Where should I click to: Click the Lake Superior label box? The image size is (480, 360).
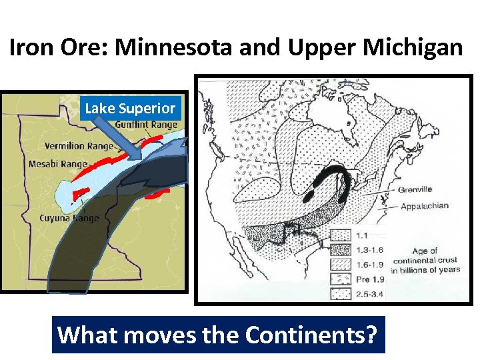click(130, 108)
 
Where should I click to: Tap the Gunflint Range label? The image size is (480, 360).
click(146, 125)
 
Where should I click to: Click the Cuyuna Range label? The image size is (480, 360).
click(69, 218)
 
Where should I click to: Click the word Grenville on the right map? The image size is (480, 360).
click(415, 189)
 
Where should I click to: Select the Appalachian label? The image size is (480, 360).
click(424, 207)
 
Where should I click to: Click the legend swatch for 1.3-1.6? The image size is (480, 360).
click(341, 249)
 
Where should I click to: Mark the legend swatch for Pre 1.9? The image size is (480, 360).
click(341, 278)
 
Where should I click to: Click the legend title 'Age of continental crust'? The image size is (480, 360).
click(425, 260)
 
